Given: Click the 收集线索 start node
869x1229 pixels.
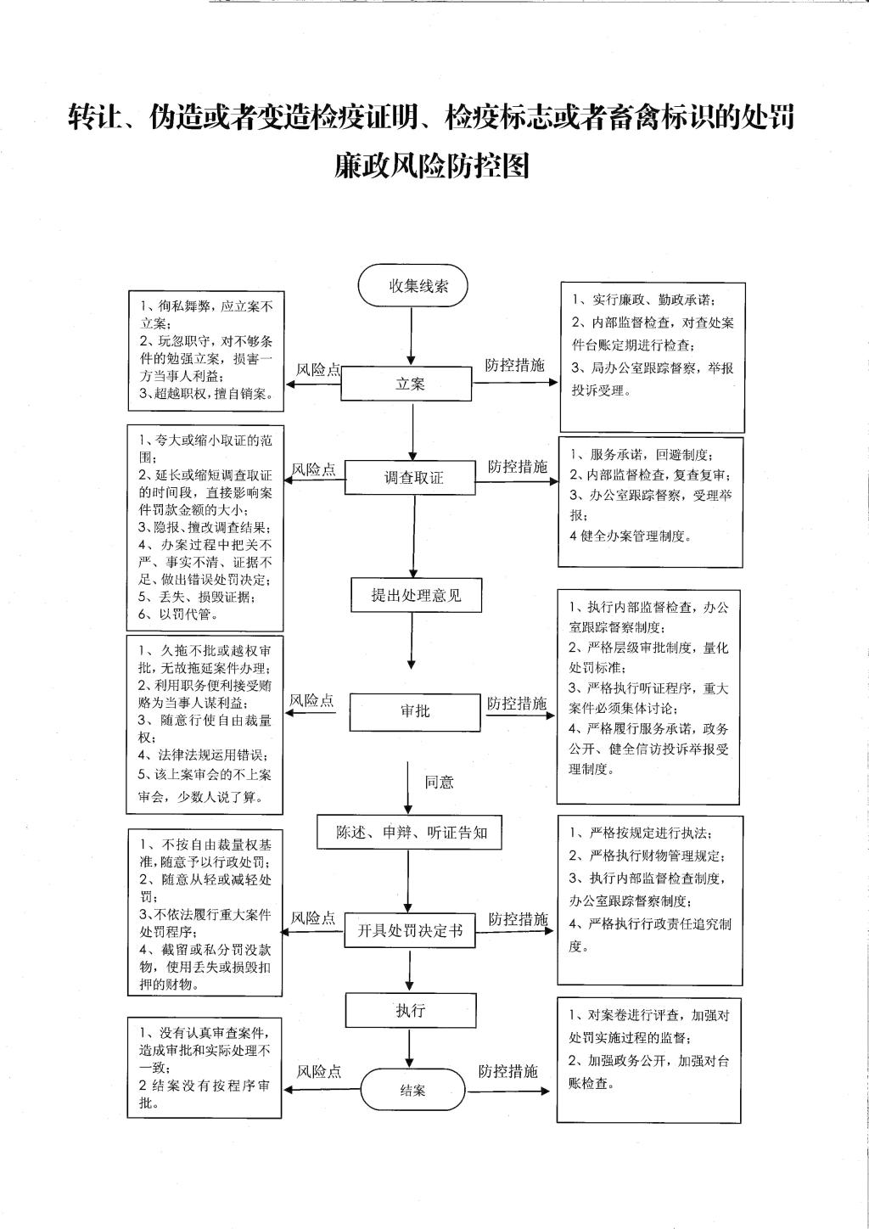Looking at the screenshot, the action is (x=412, y=285).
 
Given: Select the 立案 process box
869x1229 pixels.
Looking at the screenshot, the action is (x=406, y=384).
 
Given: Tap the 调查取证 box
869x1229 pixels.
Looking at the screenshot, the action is (x=410, y=477).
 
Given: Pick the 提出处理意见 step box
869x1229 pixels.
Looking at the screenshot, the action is (x=417, y=595).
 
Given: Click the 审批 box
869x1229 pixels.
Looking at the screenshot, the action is (x=415, y=712).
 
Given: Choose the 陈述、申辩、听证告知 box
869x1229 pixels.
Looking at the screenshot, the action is (x=409, y=833).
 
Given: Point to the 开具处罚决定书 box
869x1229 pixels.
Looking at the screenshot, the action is (x=409, y=930).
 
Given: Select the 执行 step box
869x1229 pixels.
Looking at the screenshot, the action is (x=411, y=1010).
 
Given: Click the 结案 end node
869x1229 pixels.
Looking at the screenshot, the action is (x=412, y=1090).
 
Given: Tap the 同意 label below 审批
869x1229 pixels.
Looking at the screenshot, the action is (x=439, y=782).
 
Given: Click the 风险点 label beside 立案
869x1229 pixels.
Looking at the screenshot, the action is (x=318, y=370).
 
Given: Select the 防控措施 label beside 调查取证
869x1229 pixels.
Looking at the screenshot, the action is (x=518, y=466).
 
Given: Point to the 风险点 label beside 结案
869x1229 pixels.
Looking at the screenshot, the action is (x=319, y=1071).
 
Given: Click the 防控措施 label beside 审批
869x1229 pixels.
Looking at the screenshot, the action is (x=517, y=704).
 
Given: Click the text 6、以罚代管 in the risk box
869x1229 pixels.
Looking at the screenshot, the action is (x=178, y=614).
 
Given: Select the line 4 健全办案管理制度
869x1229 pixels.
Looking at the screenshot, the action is (x=631, y=536).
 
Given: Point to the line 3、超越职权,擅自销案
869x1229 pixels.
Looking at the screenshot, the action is (x=206, y=393).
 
